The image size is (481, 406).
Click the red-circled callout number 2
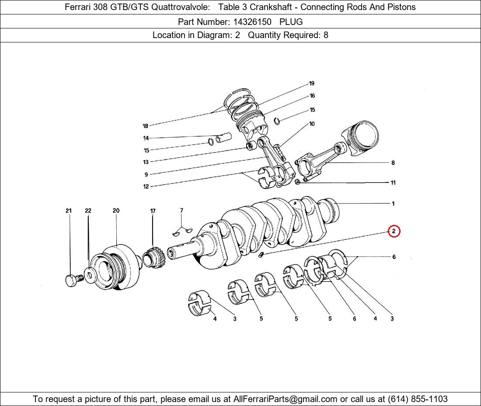click(x=394, y=231)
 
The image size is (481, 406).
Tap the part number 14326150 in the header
click(x=252, y=22)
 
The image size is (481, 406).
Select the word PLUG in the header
click(x=291, y=22)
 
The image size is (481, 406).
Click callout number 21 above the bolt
click(x=68, y=210)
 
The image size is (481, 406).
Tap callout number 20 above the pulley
click(x=116, y=210)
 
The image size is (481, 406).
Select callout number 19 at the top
click(x=311, y=84)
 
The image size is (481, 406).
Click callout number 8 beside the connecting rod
click(x=393, y=163)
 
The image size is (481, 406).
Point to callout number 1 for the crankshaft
click(x=393, y=203)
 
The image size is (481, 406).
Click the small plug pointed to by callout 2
click(x=261, y=254)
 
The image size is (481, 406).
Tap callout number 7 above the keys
click(x=181, y=210)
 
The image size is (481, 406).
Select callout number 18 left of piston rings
click(x=146, y=126)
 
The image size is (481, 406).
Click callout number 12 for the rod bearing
click(x=146, y=186)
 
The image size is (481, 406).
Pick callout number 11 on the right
click(x=393, y=182)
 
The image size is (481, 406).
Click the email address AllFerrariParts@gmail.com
click(x=285, y=399)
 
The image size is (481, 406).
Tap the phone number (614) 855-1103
click(x=418, y=399)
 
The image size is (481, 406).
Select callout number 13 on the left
click(x=146, y=162)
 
